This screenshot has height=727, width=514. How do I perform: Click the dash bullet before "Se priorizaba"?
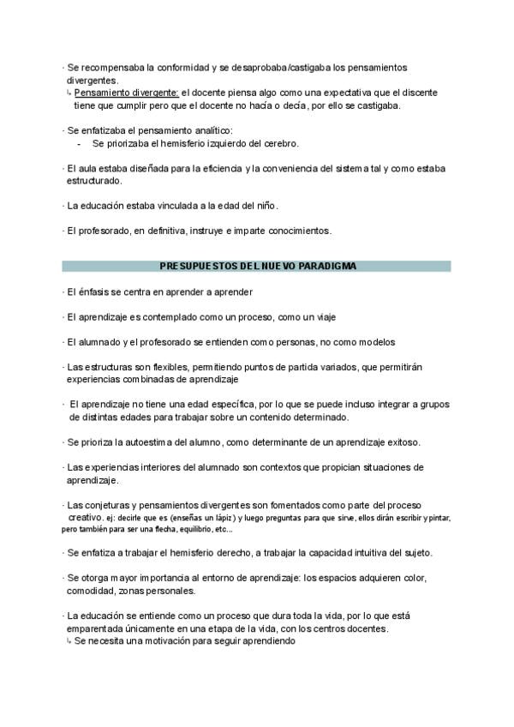click(x=79, y=143)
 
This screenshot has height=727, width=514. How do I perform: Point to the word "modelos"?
click(x=374, y=342)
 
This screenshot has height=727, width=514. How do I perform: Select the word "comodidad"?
click(x=89, y=591)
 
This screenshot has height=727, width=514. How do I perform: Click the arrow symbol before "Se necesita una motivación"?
click(x=69, y=641)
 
